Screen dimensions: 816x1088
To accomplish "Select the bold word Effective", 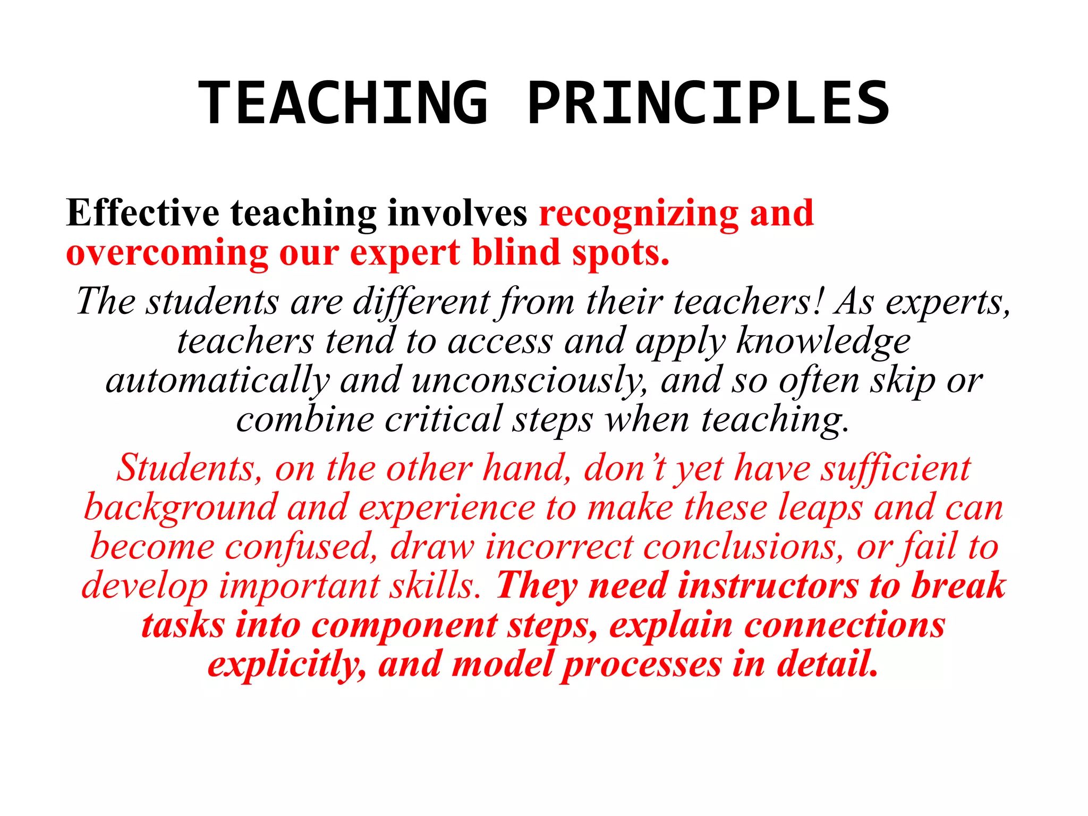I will click(142, 213).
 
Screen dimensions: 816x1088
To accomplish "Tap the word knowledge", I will click(823, 341).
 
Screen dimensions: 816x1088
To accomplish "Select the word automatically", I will click(217, 381).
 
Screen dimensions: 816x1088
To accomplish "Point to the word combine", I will click(305, 420).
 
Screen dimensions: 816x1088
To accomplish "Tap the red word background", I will click(181, 508).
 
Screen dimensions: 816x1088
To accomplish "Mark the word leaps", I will click(821, 508).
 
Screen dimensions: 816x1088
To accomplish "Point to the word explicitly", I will click(287, 665).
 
